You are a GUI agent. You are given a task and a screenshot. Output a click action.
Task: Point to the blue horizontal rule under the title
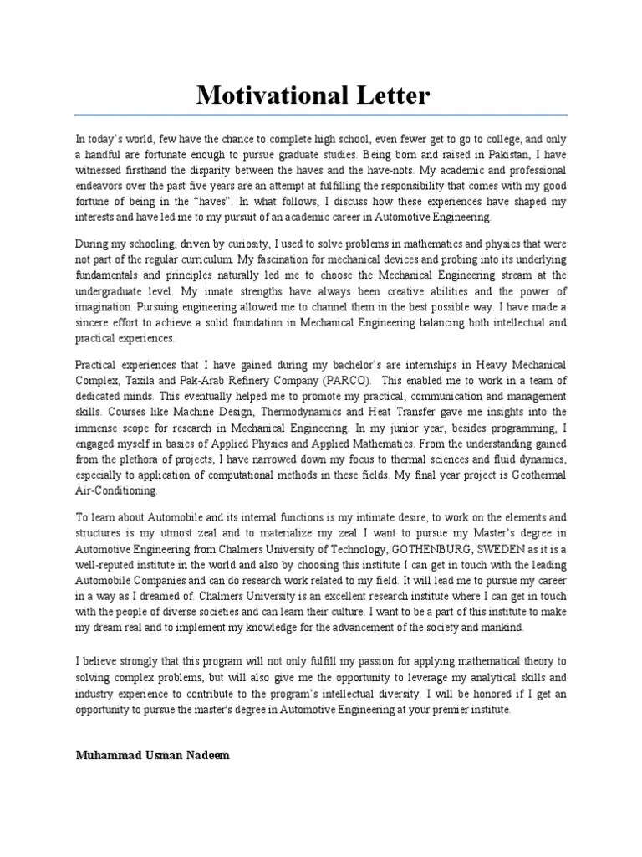pos(321,115)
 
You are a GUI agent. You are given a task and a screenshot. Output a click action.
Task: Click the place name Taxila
pos(138,382)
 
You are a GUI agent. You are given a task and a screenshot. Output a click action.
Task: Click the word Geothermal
pos(535,475)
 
